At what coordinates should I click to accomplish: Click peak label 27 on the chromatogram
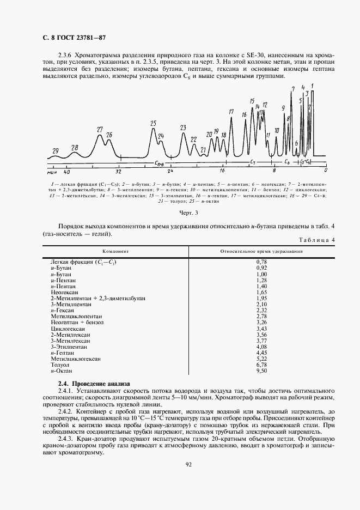point(100,130)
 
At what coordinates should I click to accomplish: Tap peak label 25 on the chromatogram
point(153,123)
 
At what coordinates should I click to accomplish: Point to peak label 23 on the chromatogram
point(183,127)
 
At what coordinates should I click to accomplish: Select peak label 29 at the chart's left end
point(55,150)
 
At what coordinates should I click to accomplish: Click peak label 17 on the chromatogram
point(231,112)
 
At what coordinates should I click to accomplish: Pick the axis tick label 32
point(118,171)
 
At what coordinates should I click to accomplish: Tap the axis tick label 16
point(222,171)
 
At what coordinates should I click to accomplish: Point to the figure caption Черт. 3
point(188,212)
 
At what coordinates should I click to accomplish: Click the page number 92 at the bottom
point(188,464)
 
